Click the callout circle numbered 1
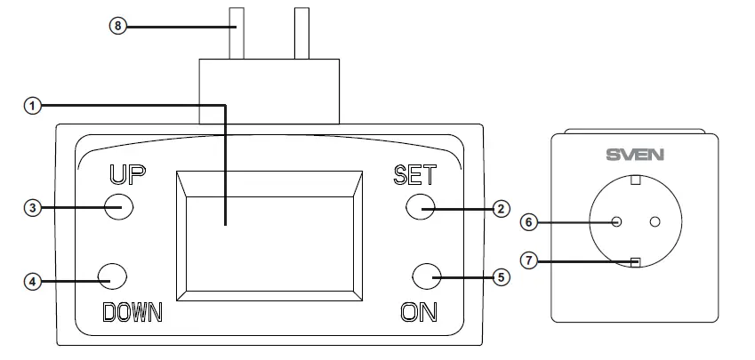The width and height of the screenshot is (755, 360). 32,106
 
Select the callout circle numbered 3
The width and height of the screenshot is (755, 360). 32,208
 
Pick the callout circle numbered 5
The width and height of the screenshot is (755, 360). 501,277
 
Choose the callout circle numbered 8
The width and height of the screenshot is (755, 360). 119,26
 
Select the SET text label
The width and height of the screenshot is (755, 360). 414,174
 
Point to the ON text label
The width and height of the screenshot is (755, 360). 419,312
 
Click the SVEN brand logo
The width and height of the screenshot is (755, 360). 634,154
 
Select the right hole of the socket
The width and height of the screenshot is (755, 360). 656,221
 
